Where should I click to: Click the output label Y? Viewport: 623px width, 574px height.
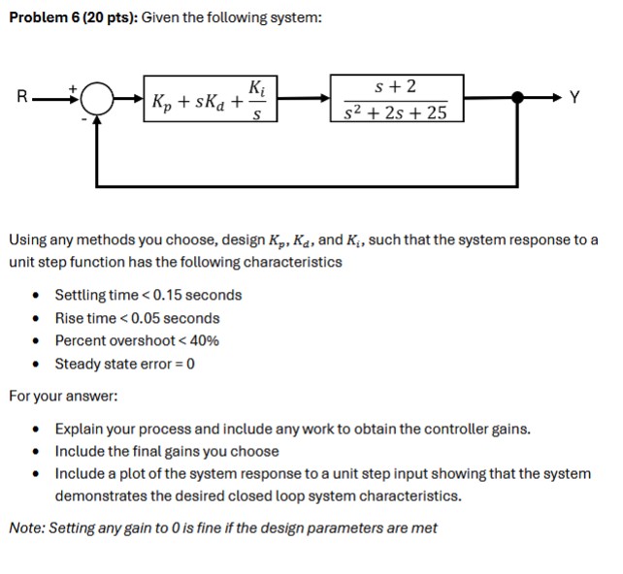coord(577,97)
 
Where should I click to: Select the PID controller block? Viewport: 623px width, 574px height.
coord(208,99)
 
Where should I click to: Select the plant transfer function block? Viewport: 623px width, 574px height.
coord(395,99)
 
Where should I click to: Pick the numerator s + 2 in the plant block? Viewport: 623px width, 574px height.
coord(395,86)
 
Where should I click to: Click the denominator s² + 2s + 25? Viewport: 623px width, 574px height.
coord(395,112)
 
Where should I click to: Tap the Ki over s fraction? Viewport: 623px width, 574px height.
coord(256,100)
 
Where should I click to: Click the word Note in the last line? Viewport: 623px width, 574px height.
coord(25,527)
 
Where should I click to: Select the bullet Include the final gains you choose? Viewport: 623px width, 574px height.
coord(166,451)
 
